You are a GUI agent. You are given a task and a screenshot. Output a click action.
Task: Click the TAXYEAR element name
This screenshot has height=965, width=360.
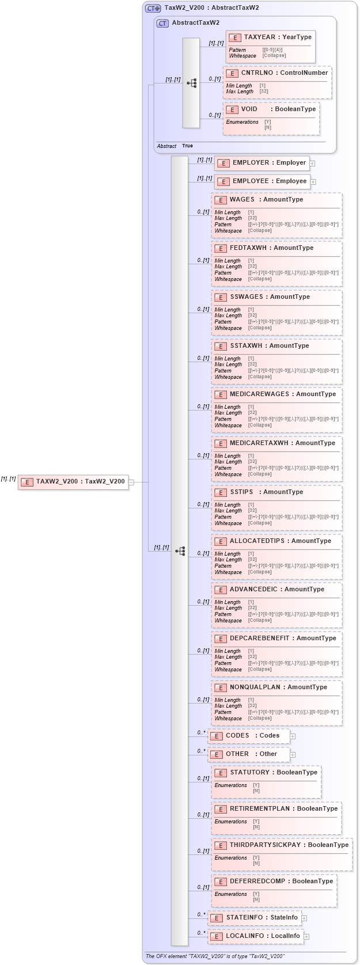(260, 37)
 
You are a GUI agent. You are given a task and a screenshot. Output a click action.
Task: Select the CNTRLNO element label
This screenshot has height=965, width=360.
(257, 73)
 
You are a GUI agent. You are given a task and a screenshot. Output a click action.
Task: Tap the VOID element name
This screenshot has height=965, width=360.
(249, 109)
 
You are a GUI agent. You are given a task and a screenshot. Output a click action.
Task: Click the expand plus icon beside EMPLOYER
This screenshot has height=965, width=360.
(312, 164)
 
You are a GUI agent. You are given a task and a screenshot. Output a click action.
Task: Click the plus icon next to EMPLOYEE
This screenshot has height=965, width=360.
(313, 182)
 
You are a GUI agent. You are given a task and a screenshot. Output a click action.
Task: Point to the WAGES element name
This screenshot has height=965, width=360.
(242, 200)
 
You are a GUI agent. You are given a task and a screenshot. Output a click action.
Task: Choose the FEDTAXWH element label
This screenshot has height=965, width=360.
(248, 248)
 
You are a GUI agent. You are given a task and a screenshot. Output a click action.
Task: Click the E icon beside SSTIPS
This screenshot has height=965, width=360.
(221, 493)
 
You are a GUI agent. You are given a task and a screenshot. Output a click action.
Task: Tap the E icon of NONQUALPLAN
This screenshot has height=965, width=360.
(221, 688)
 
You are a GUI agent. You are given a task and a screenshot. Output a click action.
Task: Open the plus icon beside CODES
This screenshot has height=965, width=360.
(293, 736)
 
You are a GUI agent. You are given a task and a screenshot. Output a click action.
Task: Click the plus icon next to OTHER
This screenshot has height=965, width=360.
(293, 755)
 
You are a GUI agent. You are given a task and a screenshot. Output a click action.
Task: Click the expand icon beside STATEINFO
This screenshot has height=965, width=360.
(304, 918)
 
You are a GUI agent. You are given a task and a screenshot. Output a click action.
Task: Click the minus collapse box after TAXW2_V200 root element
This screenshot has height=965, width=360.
(131, 483)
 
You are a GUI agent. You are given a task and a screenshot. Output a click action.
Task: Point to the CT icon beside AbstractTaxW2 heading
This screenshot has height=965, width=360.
(163, 24)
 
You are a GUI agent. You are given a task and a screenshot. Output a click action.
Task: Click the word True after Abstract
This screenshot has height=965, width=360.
(187, 146)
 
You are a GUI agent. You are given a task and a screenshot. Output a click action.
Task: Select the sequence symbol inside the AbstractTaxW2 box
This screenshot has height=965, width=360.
(191, 83)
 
